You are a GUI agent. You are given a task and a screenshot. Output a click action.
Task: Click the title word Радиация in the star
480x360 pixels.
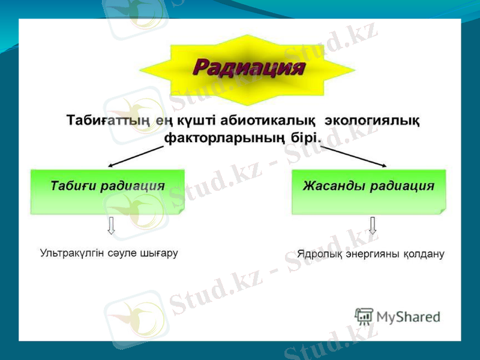click(248, 66)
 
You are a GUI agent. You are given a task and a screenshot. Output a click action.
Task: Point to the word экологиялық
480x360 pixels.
click(372, 120)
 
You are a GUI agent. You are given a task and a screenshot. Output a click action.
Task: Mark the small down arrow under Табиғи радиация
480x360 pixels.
click(111, 226)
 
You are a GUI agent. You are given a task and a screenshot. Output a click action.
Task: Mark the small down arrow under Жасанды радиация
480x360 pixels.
click(373, 226)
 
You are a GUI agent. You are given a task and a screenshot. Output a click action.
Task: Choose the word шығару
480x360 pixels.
click(159, 253)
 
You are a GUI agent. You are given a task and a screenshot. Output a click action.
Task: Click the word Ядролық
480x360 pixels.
click(318, 254)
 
